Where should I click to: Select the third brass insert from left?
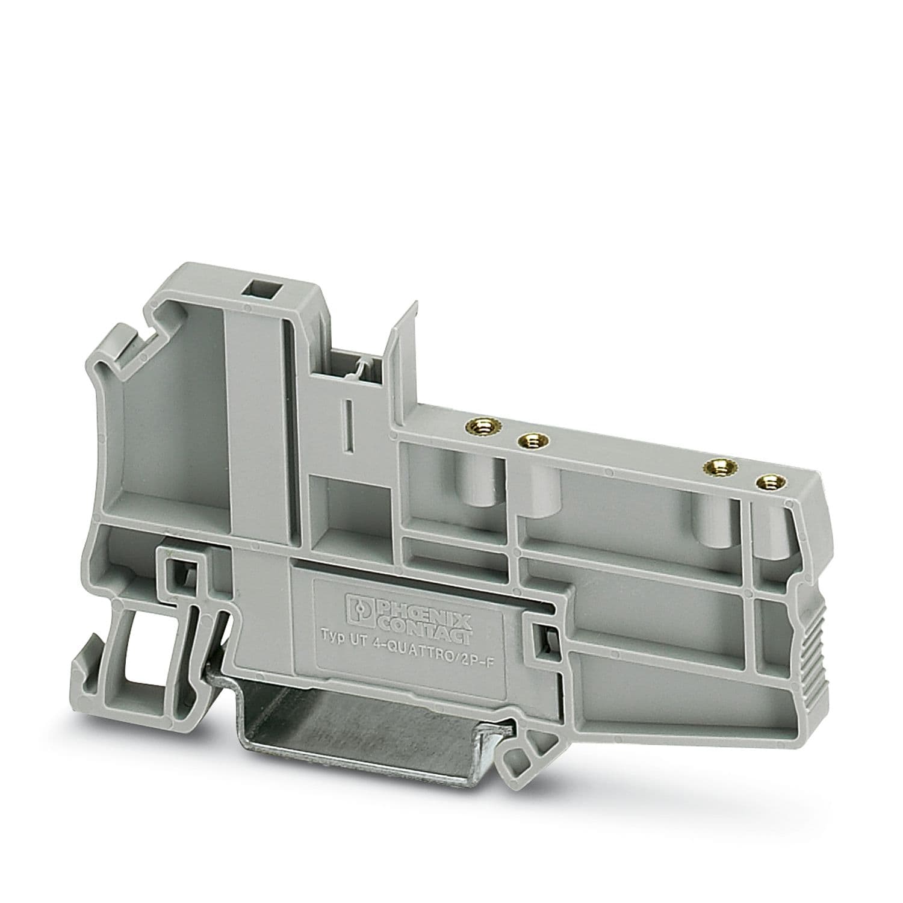(x=714, y=468)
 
